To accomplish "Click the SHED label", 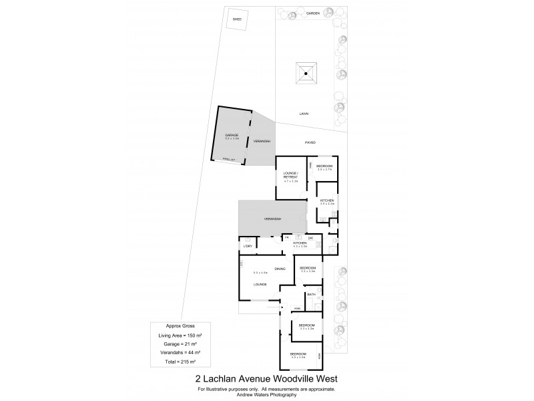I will click(x=236, y=19).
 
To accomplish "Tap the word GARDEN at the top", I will click(x=312, y=13).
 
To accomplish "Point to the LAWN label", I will click(x=304, y=114).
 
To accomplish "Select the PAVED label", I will click(x=310, y=142).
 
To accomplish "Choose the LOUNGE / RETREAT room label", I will click(x=292, y=176).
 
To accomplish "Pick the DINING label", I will click(x=280, y=269).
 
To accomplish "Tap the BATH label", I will click(x=311, y=294).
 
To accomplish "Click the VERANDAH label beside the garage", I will click(x=262, y=142).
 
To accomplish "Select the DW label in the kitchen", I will click(x=310, y=237).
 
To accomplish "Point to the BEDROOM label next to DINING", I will click(x=307, y=268).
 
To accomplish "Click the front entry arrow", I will click(x=282, y=308).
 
